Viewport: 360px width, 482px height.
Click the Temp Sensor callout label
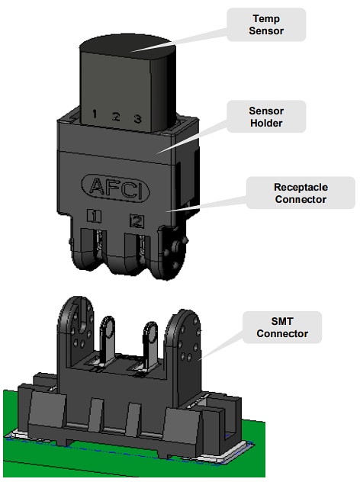click(x=267, y=24)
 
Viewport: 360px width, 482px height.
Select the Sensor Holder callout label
click(x=266, y=117)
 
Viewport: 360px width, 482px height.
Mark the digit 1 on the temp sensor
click(x=94, y=115)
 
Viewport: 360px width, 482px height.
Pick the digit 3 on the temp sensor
click(x=137, y=119)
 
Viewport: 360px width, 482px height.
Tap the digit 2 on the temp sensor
click(x=116, y=117)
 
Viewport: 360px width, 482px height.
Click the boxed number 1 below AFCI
click(x=94, y=216)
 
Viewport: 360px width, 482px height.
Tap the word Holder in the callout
click(x=266, y=124)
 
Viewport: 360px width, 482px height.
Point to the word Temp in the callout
click(x=267, y=18)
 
